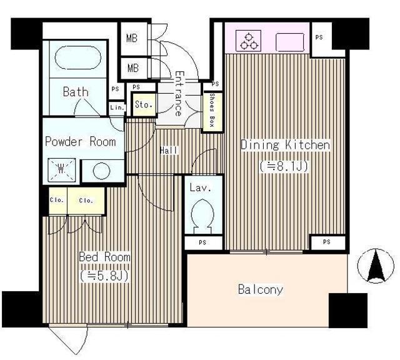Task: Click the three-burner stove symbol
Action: pyautogui.click(x=249, y=41)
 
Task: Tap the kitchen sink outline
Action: pyautogui.click(x=290, y=42)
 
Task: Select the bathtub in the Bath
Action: pyautogui.click(x=78, y=58)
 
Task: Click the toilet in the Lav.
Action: pyautogui.click(x=203, y=216)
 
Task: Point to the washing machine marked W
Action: pyautogui.click(x=62, y=169)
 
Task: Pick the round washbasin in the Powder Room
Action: pyautogui.click(x=101, y=171)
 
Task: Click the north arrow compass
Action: pyautogui.click(x=376, y=266)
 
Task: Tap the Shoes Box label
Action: pyautogui.click(x=212, y=111)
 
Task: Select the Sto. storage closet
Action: pyautogui.click(x=143, y=104)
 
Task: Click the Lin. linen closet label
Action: pyautogui.click(x=117, y=107)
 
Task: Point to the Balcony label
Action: pyautogui.click(x=261, y=289)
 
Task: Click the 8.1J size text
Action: pyautogui.click(x=284, y=166)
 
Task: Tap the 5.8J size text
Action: pyautogui.click(x=104, y=276)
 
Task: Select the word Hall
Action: pyautogui.click(x=168, y=150)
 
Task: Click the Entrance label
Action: pyautogui.click(x=179, y=94)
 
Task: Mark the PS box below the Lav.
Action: pyautogui.click(x=203, y=242)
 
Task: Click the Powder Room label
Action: pyautogui.click(x=81, y=142)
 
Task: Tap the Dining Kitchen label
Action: pyautogui.click(x=285, y=145)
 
